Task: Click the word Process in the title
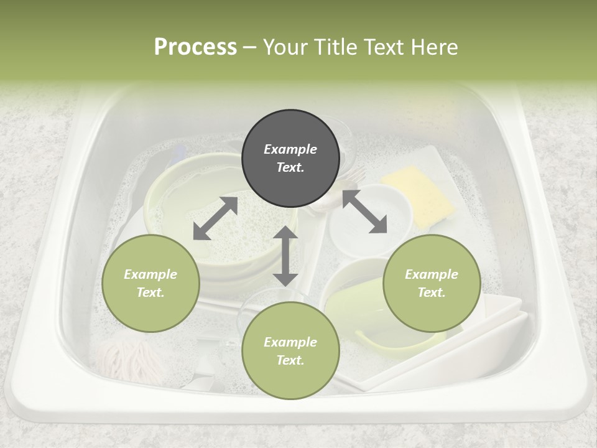tap(195, 47)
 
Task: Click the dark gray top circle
tap(290, 158)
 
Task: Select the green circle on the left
tap(150, 283)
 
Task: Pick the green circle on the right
tap(432, 283)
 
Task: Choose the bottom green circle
tap(290, 350)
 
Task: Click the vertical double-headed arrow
tap(285, 256)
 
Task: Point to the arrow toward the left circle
tap(215, 218)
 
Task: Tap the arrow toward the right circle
tap(365, 212)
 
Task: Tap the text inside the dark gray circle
tap(290, 158)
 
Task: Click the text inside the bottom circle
tap(290, 351)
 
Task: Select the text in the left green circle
tap(150, 283)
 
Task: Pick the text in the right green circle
tap(432, 283)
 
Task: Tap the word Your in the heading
tap(283, 47)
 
